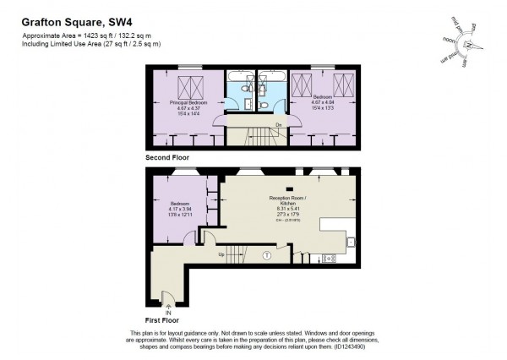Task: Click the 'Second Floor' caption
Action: click(166, 157)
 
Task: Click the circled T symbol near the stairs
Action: click(267, 254)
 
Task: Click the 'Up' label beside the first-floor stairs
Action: click(222, 253)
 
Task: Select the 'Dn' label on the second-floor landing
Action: click(277, 125)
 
